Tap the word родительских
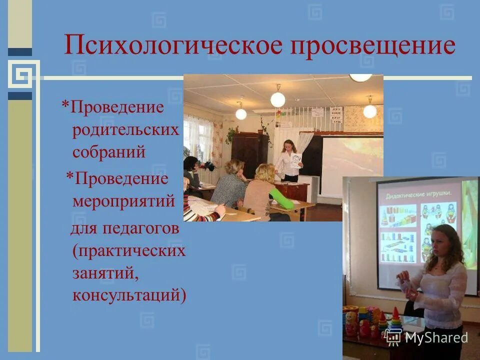point(125,129)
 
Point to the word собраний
point(108,151)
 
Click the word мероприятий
point(123,201)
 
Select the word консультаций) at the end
point(129,294)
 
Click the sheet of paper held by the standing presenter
point(296,160)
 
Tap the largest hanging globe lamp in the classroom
point(277,99)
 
